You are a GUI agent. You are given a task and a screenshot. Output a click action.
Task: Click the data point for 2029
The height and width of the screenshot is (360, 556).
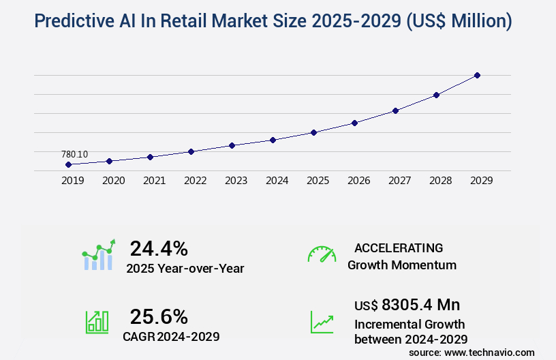pyautogui.click(x=477, y=75)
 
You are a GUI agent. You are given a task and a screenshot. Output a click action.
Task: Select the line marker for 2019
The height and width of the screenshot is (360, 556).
pyautogui.click(x=68, y=164)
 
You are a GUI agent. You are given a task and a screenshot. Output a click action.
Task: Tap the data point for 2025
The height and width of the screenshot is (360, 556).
pyautogui.click(x=313, y=132)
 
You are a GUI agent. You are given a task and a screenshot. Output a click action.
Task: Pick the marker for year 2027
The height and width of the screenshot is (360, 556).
pyautogui.click(x=395, y=110)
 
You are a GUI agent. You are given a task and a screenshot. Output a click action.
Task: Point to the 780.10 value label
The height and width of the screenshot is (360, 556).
pyautogui.click(x=74, y=154)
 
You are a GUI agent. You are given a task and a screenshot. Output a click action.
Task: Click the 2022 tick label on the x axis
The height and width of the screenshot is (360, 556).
pyautogui.click(x=195, y=181)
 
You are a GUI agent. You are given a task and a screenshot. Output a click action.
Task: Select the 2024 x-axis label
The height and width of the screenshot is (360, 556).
pyautogui.click(x=277, y=181)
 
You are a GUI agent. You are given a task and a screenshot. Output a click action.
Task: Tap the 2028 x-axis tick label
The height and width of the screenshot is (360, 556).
pyautogui.click(x=440, y=181)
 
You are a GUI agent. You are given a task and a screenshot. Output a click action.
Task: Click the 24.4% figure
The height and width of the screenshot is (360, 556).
pyautogui.click(x=159, y=248)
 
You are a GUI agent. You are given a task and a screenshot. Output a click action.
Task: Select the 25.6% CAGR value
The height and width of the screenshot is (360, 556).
pyautogui.click(x=159, y=316)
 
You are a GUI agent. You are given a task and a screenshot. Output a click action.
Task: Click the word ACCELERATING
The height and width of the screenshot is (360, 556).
pyautogui.click(x=399, y=248)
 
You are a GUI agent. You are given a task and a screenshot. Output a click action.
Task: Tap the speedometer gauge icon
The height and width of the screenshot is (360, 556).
pyautogui.click(x=322, y=254)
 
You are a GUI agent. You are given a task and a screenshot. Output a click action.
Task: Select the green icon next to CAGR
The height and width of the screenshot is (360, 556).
pyautogui.click(x=97, y=321)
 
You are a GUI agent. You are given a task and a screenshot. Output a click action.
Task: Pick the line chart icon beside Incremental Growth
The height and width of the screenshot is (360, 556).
pyautogui.click(x=322, y=322)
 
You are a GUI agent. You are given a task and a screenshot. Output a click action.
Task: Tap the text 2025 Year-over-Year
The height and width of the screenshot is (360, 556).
pyautogui.click(x=185, y=268)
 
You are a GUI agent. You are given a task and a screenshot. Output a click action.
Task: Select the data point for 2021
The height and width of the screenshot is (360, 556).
pyautogui.click(x=150, y=157)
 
